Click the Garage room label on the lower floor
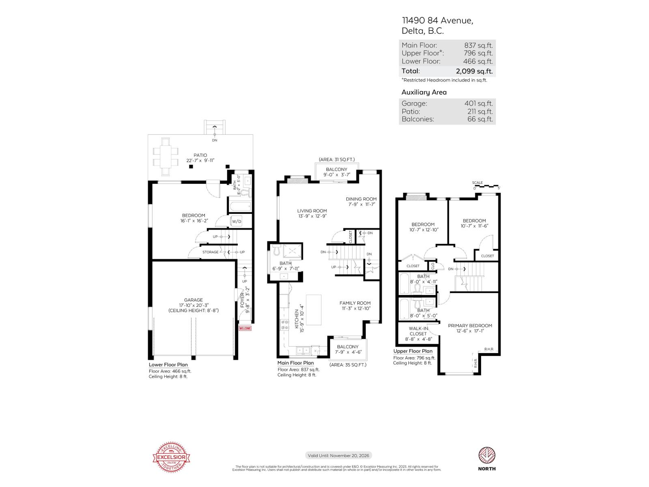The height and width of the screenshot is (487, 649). tap(193, 300)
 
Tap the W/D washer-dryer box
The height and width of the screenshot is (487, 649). tap(236, 222)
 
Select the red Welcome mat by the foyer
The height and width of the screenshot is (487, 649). tap(245, 328)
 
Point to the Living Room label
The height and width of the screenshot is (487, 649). tap(312, 211)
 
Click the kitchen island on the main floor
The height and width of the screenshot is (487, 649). tap(314, 310)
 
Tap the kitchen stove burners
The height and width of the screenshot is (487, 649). tap(284, 325)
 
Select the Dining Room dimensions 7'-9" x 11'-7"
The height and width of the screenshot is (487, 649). tap(361, 205)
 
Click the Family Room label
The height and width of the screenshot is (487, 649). tap(355, 303)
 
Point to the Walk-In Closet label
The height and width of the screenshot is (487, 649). tap(418, 331)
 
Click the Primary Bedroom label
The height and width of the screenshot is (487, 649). tap(470, 325)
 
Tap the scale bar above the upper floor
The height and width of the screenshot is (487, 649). tap(486, 186)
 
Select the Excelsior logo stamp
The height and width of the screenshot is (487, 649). tap(171, 457)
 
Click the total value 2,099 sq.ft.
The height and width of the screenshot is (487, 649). tap(474, 71)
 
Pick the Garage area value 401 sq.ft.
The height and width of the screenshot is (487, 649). tap(478, 103)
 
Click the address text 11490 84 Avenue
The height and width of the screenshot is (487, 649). tap(437, 20)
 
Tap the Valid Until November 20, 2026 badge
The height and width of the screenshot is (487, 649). tap(338, 456)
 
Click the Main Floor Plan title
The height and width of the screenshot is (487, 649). tap(295, 363)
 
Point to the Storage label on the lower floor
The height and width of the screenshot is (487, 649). tap(210, 252)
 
